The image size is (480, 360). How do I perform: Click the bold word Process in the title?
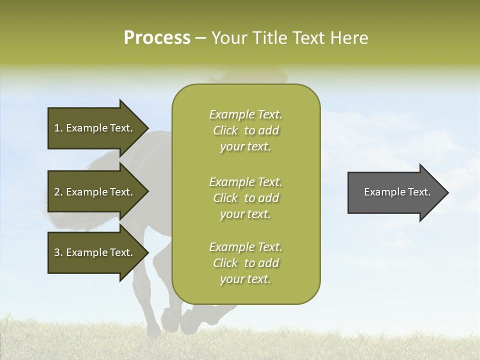[x=157, y=38]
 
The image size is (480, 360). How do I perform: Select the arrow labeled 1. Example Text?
[x=95, y=128]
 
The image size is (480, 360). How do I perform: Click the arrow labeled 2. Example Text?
[x=95, y=192]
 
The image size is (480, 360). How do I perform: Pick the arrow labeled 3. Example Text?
[x=95, y=252]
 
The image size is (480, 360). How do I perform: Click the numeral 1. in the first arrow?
[x=58, y=128]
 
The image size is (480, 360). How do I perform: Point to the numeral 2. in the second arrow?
[x=58, y=192]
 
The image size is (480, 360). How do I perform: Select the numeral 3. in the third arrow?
[x=58, y=252]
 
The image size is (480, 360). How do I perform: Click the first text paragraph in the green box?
[x=245, y=130]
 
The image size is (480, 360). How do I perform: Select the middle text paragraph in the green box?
[x=245, y=198]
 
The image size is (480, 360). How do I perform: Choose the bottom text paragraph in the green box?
[x=245, y=263]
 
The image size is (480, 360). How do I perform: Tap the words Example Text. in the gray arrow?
[x=397, y=192]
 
